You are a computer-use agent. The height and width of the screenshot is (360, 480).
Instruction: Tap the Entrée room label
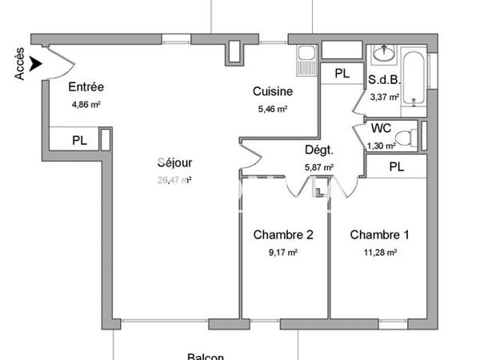[86, 87]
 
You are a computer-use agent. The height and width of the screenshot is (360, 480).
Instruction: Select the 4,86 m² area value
[86, 103]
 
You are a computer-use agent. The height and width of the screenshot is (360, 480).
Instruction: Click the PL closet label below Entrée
[79, 139]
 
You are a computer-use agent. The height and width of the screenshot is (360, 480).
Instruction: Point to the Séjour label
[174, 163]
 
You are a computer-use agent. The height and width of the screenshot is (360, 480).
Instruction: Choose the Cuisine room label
[272, 92]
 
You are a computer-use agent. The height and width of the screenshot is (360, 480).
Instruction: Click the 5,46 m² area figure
[271, 110]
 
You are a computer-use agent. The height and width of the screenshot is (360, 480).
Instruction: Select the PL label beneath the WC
[396, 166]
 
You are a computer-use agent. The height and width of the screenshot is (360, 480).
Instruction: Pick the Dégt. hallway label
[318, 150]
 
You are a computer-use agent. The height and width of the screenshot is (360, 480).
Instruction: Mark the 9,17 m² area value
[282, 252]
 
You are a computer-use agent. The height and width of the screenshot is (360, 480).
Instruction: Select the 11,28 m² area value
[380, 252]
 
